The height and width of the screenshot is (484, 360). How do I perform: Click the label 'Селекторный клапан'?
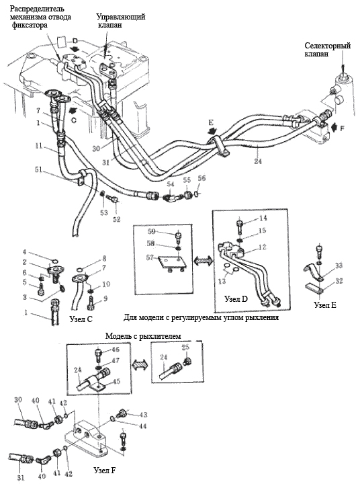[x=328, y=49]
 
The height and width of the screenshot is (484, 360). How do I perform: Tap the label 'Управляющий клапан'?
[x=121, y=20]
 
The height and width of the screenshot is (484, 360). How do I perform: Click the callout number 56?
[x=201, y=178]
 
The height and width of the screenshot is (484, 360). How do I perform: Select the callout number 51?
[x=39, y=171]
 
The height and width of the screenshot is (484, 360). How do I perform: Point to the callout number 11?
[x=38, y=146]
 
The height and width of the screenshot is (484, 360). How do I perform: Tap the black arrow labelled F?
[x=334, y=126]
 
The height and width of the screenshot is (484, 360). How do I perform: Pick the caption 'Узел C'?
[x=81, y=319]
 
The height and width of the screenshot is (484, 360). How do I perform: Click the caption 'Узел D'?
[x=236, y=298]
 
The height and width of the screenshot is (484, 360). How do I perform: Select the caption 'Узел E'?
[x=325, y=305]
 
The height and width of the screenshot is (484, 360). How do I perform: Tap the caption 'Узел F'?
[x=105, y=471]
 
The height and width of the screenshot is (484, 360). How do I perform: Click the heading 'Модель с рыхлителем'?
[x=143, y=336]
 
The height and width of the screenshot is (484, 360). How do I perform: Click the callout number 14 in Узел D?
[x=263, y=218]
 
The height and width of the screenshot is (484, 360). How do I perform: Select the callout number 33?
[x=339, y=266]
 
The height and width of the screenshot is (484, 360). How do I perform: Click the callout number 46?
[x=116, y=350]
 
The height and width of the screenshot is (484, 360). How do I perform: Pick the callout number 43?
[x=143, y=415]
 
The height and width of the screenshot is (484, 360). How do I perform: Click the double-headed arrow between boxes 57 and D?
[x=202, y=261]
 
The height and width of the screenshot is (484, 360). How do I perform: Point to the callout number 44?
[x=142, y=426]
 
